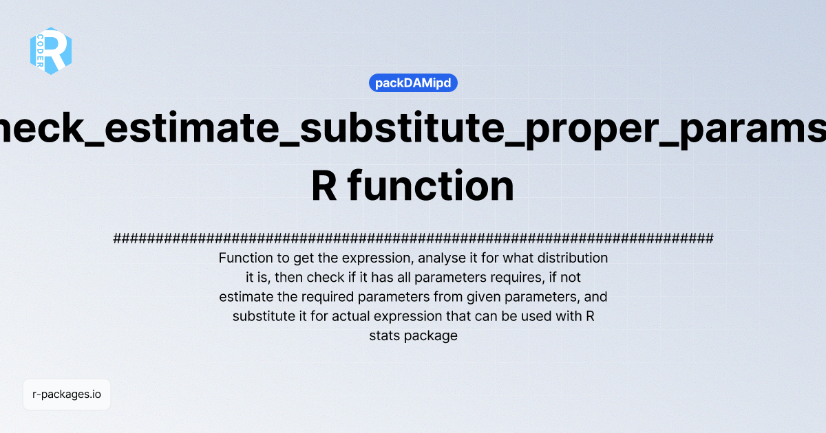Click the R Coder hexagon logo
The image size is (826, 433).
click(x=51, y=51)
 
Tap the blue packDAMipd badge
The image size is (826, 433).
click(x=413, y=83)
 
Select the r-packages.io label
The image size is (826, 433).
click(x=67, y=395)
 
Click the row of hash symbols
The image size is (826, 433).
click(x=413, y=238)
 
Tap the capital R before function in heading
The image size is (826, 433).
click(x=324, y=187)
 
